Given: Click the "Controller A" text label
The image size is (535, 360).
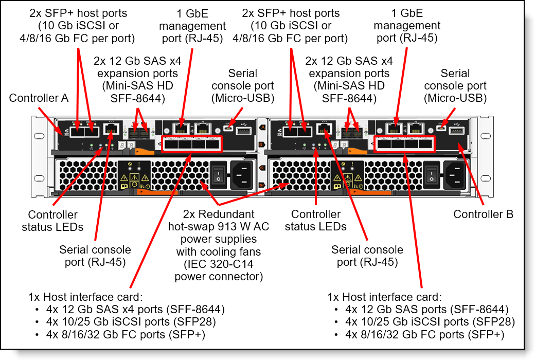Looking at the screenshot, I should [39, 98].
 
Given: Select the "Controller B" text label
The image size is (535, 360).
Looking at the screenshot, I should [483, 214].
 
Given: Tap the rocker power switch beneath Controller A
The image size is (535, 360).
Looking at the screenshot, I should [219, 175].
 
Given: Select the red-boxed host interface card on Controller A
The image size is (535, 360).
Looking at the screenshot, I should [191, 144].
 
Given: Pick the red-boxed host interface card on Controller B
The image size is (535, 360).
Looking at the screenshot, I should [405, 144].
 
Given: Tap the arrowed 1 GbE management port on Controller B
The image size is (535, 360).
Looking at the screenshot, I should [395, 129].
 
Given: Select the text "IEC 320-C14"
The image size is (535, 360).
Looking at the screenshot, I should [219, 264].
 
